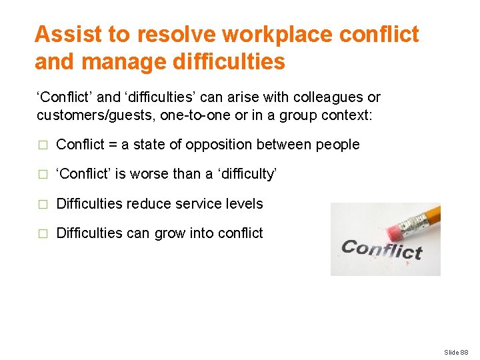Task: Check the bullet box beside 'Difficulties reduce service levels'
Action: (x=43, y=204)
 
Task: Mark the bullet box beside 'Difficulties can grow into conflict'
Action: (x=43, y=233)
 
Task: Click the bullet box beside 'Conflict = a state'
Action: (x=43, y=145)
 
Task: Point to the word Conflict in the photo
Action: (x=381, y=249)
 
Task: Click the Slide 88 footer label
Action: (x=457, y=352)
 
